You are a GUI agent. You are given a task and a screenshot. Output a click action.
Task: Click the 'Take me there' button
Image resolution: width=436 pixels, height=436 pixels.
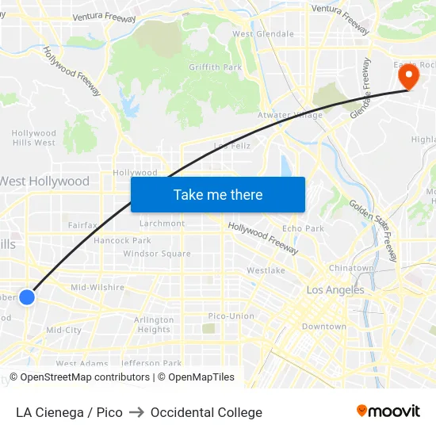218,194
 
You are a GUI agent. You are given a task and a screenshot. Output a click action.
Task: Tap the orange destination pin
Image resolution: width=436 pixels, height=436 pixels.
409,76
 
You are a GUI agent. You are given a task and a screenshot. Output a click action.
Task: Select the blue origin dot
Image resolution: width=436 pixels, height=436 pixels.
27,297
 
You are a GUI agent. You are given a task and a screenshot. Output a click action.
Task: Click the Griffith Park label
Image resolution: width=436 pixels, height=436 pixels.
216,67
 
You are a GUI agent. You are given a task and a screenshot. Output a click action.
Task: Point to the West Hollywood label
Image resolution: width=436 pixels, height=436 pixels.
44,182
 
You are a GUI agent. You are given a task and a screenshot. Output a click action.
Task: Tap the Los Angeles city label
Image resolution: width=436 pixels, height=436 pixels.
335,290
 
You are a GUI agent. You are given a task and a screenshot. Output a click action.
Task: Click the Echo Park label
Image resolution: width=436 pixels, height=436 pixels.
303,228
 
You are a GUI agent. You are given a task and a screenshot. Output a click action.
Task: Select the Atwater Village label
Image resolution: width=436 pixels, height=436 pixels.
290,115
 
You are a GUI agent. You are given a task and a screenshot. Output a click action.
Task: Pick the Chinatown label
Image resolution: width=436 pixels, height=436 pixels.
351,268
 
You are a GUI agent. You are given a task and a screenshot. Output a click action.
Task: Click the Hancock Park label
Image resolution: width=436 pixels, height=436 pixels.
122,240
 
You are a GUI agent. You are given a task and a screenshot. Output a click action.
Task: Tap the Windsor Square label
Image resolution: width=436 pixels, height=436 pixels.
157,254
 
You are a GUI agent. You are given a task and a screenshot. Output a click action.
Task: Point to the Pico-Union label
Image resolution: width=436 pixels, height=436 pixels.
231,316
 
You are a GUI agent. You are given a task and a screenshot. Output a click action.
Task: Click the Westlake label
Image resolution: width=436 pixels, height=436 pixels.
266,270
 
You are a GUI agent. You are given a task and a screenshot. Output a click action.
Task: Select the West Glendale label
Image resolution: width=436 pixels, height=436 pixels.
263,34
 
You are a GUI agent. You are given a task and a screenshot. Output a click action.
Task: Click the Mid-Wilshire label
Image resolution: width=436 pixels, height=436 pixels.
98,287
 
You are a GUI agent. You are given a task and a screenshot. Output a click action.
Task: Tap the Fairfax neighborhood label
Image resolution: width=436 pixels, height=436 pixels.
82,225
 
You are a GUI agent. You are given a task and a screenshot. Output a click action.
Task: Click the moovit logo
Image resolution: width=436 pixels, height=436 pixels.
388,411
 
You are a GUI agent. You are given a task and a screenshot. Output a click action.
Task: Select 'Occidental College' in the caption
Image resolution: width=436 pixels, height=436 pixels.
206,412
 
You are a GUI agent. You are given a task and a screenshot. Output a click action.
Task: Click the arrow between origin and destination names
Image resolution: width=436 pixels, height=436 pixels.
136,412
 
